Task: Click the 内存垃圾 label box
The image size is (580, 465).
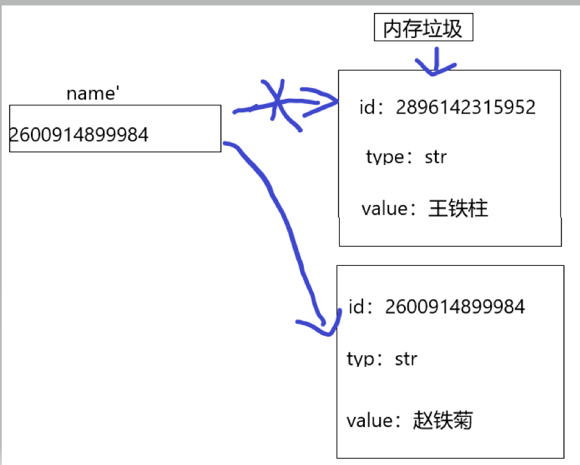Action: (x=423, y=28)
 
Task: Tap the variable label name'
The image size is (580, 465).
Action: (x=93, y=94)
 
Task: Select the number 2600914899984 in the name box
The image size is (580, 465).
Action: (x=78, y=134)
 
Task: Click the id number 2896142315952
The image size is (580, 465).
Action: (x=466, y=107)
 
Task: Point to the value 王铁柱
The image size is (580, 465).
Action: (x=458, y=208)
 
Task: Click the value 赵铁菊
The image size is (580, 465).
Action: (x=443, y=420)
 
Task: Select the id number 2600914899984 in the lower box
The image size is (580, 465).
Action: (x=455, y=306)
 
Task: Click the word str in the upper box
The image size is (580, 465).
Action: (x=435, y=157)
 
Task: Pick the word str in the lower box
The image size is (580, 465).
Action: (x=406, y=359)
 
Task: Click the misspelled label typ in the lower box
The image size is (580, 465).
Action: (x=360, y=359)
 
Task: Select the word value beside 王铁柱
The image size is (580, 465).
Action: (x=384, y=209)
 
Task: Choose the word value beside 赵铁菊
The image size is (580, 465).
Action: (x=369, y=421)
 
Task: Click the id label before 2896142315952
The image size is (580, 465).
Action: (x=367, y=107)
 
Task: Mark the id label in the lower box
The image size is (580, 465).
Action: (x=356, y=306)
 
